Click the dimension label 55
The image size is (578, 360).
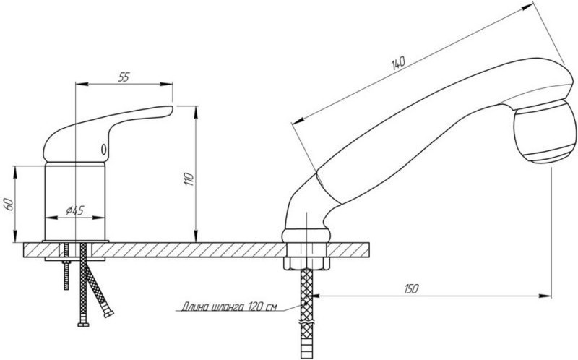tap(124, 77)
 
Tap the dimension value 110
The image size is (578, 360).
tap(189, 179)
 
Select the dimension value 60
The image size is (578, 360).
tap(9, 204)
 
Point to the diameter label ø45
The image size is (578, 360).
tap(75, 210)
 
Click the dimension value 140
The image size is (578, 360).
tap(398, 63)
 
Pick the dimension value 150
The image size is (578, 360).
tap(411, 288)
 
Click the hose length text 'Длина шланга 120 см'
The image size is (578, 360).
tap(228, 307)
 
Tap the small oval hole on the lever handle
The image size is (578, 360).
tap(104, 150)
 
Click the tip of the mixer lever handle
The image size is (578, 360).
tap(172, 108)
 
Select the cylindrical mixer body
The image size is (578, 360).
tap(75, 202)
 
